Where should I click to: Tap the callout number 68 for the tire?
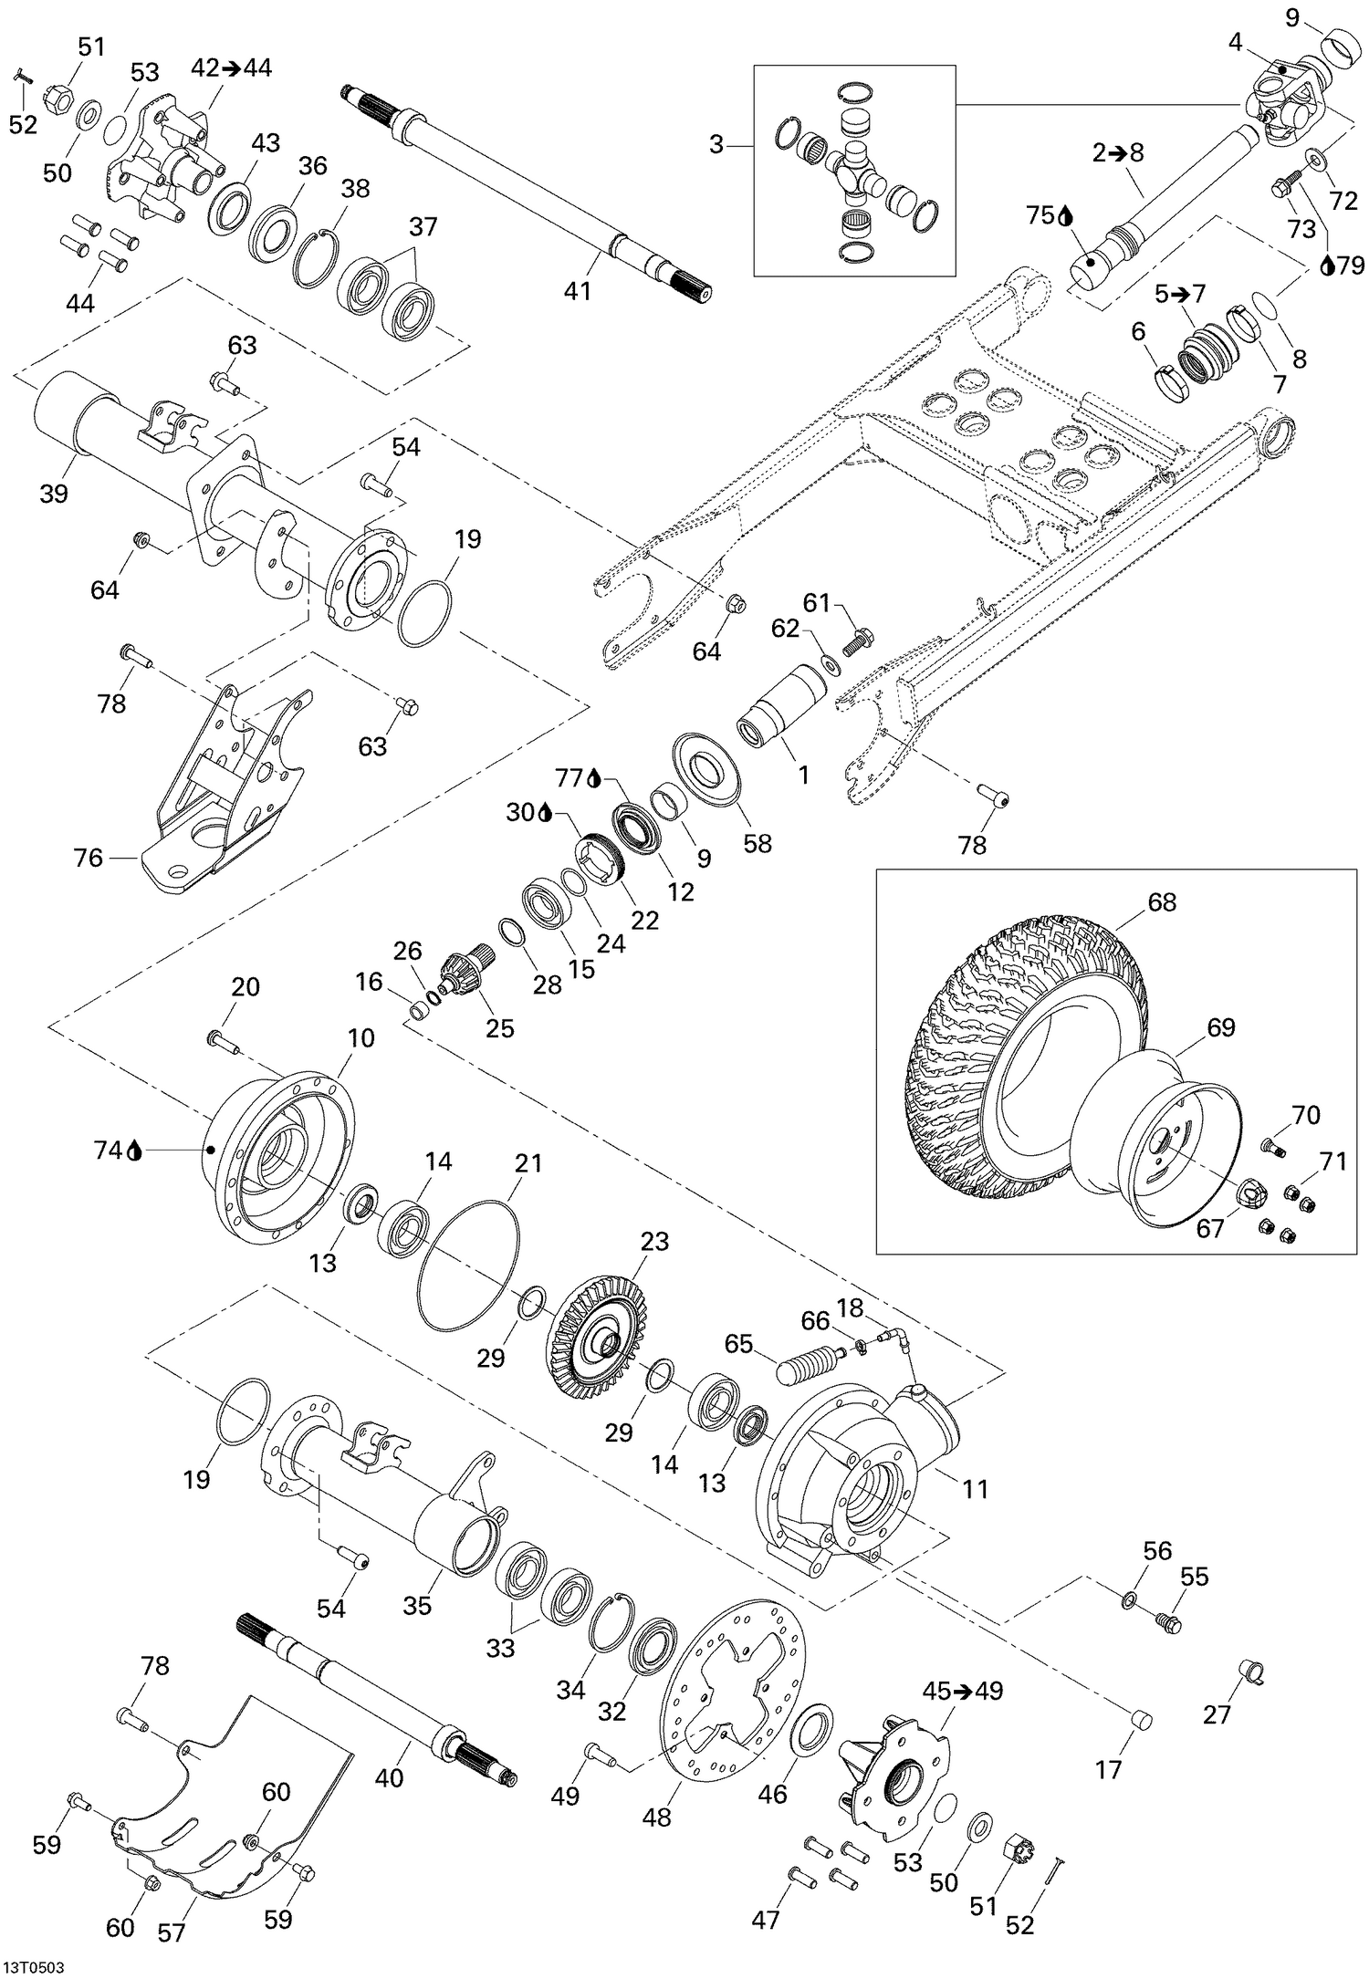1162,901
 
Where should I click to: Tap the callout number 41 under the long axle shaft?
577,291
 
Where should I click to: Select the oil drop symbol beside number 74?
135,1151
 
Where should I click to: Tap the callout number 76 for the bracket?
89,858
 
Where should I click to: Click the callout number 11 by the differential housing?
975,1489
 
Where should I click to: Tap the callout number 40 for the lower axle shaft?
389,1778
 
